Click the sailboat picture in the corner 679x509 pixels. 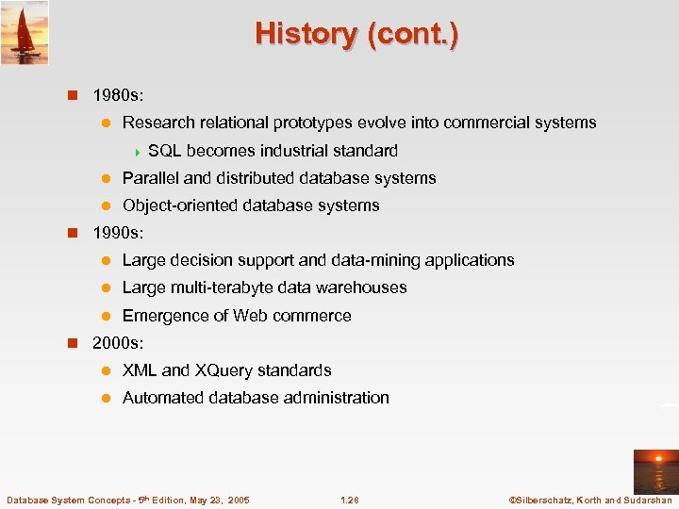pyautogui.click(x=25, y=32)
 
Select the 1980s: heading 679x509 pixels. pyautogui.click(x=119, y=95)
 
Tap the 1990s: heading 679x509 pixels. pyautogui.click(x=119, y=232)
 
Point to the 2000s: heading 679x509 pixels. pyautogui.click(x=119, y=343)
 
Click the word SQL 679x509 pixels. pyautogui.click(x=165, y=151)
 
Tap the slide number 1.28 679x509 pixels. pyautogui.click(x=349, y=500)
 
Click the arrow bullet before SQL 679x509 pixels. pyautogui.click(x=138, y=151)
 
